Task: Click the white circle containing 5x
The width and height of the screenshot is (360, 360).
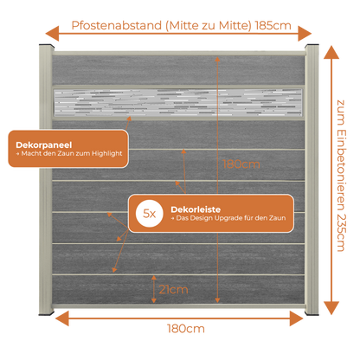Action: click(150, 214)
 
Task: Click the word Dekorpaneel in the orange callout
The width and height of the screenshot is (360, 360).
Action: click(44, 145)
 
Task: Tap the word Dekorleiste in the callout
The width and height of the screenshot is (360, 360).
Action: click(196, 209)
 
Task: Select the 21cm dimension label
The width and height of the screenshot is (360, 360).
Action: click(173, 290)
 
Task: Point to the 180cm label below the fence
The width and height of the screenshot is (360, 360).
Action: click(186, 329)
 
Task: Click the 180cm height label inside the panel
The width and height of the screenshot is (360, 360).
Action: click(241, 164)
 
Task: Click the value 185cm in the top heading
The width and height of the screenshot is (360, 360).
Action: click(273, 25)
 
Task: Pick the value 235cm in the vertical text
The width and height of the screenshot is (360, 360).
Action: click(341, 233)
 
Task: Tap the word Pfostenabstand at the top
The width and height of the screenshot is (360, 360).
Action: click(117, 25)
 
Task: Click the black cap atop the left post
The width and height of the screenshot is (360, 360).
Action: click(47, 46)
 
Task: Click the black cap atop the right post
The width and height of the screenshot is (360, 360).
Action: click(312, 46)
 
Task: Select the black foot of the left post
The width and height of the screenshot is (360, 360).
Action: click(47, 313)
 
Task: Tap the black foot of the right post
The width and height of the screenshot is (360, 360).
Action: click(312, 313)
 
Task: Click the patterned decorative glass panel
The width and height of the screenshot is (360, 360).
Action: click(178, 103)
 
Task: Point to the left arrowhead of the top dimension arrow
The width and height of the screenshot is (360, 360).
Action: click(52, 34)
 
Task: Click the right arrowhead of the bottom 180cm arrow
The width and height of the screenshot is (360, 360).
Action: click(296, 318)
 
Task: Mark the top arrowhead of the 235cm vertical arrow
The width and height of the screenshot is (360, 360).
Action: click(331, 52)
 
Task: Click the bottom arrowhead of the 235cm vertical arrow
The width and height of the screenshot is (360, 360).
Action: click(331, 308)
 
